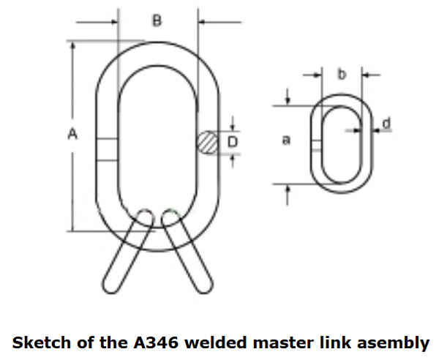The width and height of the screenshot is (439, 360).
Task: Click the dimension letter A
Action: click(72, 134)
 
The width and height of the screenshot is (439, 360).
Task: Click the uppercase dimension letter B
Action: click(157, 21)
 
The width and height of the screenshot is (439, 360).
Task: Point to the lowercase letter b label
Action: click(341, 74)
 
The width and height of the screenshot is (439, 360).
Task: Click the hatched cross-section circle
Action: click(208, 142)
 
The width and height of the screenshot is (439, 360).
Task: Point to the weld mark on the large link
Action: click(106, 150)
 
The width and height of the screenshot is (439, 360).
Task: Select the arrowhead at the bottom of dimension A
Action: click(72, 228)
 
